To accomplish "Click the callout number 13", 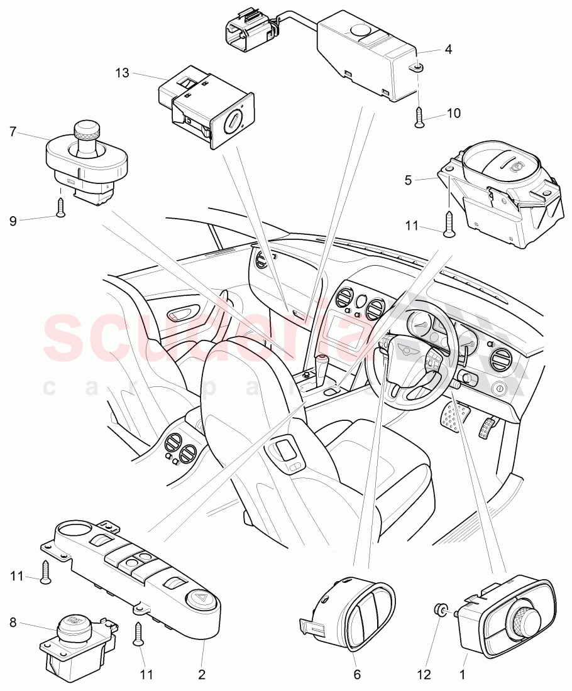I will coord(122,73).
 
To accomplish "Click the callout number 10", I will coord(453,114).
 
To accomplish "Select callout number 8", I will coord(13,624).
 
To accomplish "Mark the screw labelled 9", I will coord(60,207).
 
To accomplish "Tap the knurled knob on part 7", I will coord(84,129).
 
